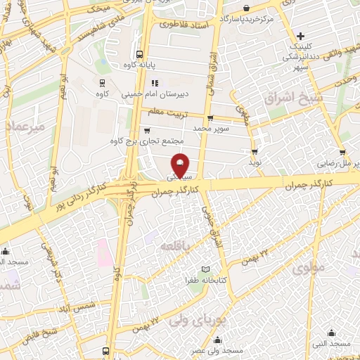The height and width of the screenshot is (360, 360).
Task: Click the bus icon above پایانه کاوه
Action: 139,53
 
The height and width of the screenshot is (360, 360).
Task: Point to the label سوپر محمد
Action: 212,129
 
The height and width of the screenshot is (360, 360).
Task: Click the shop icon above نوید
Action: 254,150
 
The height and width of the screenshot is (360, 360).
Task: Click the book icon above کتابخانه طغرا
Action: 205,269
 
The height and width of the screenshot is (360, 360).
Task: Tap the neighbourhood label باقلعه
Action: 172,246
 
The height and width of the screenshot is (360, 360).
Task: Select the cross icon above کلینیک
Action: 301,35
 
